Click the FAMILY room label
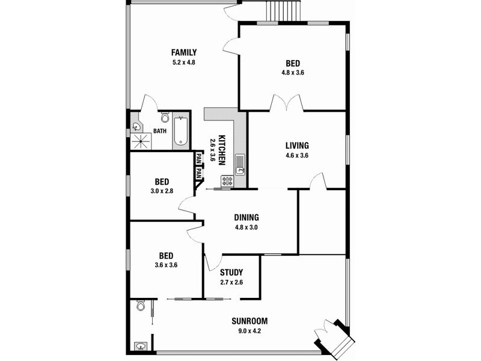point(184,52)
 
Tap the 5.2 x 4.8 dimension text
point(184,63)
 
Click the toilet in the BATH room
point(165,117)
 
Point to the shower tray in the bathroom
point(141,141)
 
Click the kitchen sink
point(239,165)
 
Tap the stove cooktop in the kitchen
point(227,180)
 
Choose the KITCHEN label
point(222,150)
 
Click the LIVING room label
point(297,146)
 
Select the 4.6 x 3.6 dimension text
point(297,155)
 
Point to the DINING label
point(247,218)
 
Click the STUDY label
point(231,273)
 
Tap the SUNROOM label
point(250,321)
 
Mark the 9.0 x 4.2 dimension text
point(250,331)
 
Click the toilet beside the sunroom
point(141,305)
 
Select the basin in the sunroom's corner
point(141,347)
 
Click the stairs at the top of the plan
point(283,11)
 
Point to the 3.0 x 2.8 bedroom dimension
point(162,191)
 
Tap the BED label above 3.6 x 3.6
point(166,255)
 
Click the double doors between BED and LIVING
point(287,103)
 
